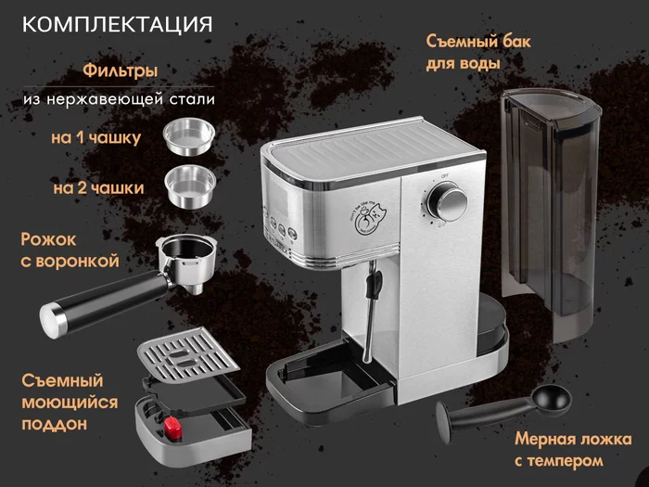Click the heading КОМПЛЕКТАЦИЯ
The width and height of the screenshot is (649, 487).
[x=117, y=22]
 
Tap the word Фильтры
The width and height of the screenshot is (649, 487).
[x=120, y=70]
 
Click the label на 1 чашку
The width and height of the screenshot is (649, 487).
[x=95, y=138]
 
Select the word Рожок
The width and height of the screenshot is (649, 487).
[x=45, y=238]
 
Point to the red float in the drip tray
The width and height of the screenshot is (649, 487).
[x=172, y=426]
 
